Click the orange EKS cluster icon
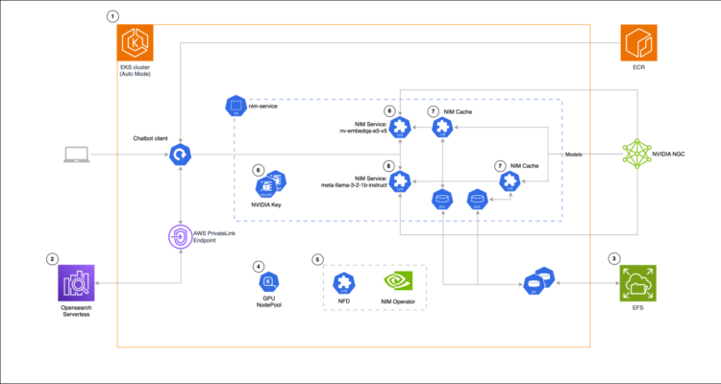point(135,44)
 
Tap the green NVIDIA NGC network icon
point(636,154)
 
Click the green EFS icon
point(636,284)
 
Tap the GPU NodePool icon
point(269,280)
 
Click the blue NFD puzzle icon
point(342,281)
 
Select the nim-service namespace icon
point(233,104)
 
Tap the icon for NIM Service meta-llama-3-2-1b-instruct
point(401,180)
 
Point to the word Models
point(575,154)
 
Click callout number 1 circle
point(114,16)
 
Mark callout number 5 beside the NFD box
point(318,259)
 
